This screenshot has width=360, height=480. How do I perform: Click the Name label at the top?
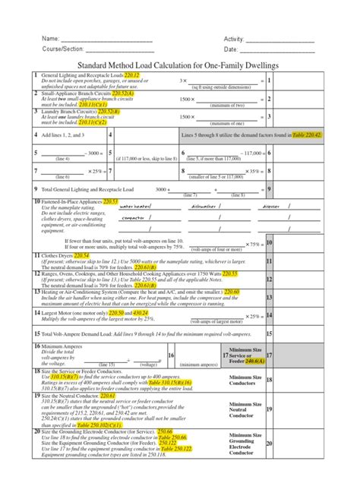(49, 39)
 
